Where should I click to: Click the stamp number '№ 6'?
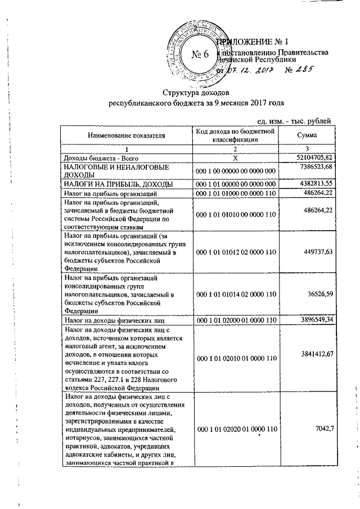click(200, 55)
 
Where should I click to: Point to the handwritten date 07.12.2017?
click(247, 70)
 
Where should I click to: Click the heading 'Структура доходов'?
click(197, 92)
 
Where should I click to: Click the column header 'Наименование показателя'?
click(127, 136)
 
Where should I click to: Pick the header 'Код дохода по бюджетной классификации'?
click(235, 136)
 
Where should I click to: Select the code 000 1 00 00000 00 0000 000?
click(235, 171)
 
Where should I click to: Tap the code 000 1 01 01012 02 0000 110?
click(235, 253)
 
